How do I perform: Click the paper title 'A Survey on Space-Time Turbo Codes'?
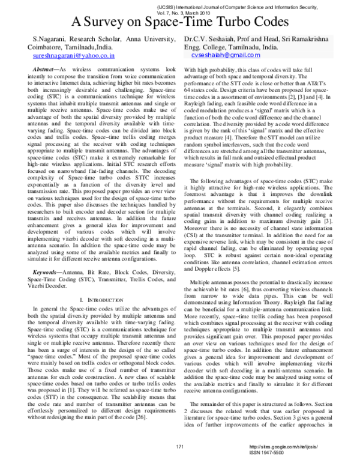pyautogui.click(x=180, y=23)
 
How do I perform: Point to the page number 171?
pyautogui.click(x=179, y=447)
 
